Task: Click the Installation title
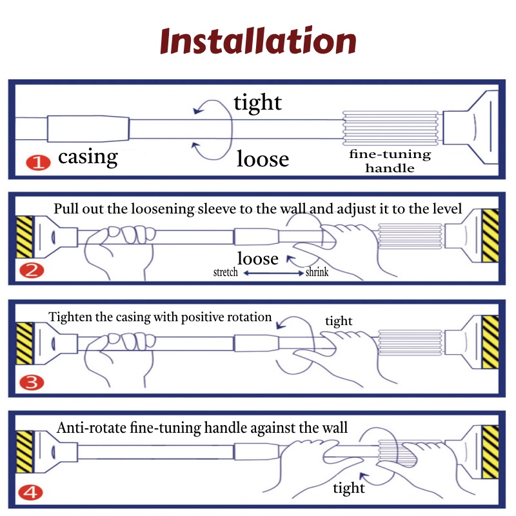click(x=258, y=41)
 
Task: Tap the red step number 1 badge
click(x=38, y=163)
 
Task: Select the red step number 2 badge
click(x=32, y=271)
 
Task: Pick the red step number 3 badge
click(x=32, y=382)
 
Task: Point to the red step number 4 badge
click(x=30, y=493)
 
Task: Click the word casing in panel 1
click(x=88, y=157)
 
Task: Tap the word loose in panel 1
click(x=263, y=159)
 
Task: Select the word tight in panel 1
click(x=257, y=103)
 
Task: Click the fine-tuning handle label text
click(x=390, y=161)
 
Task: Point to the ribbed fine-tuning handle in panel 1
click(x=390, y=128)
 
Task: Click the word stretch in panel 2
click(x=225, y=272)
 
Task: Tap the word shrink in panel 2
click(x=317, y=272)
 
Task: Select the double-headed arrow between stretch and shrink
click(x=273, y=273)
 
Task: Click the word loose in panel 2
click(x=258, y=259)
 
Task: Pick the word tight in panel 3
click(x=339, y=321)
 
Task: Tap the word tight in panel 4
click(x=349, y=488)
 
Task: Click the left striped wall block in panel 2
click(x=25, y=237)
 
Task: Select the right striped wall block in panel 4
click(x=490, y=452)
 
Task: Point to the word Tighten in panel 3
click(x=70, y=317)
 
